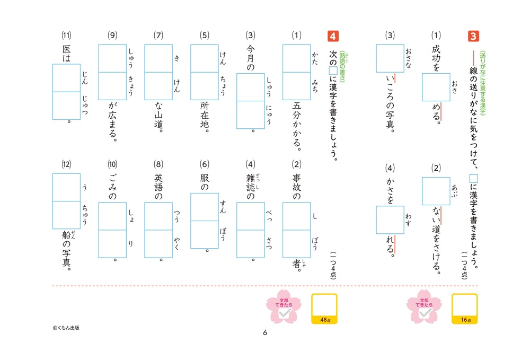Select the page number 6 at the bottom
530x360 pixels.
(x=265, y=333)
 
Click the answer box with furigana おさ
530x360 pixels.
(x=436, y=87)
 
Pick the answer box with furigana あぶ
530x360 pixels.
(x=436, y=191)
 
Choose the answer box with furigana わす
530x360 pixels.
(x=390, y=219)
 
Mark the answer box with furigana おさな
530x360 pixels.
(x=390, y=58)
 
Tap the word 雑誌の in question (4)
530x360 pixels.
(x=251, y=187)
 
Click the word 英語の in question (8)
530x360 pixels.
(x=158, y=187)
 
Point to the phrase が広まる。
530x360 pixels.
(x=112, y=122)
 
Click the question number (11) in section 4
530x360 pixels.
(x=66, y=36)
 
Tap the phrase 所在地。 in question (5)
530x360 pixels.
(x=204, y=117)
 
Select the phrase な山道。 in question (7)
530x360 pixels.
(x=158, y=117)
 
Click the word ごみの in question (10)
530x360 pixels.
(x=112, y=187)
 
